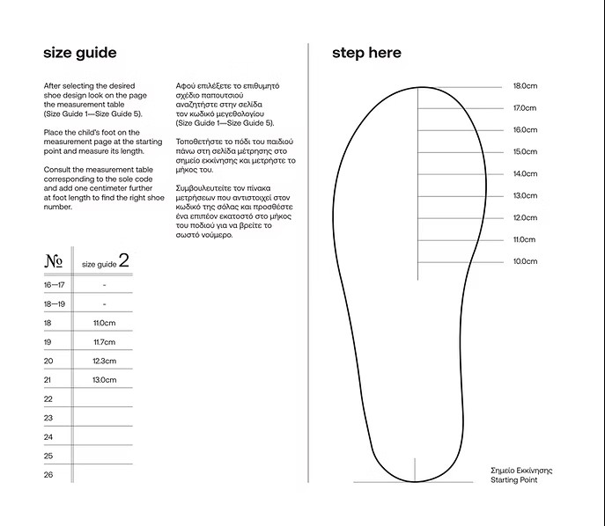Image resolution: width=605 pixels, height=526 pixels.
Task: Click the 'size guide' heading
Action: coord(79,53)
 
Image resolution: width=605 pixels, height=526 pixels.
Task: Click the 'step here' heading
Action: coord(366,53)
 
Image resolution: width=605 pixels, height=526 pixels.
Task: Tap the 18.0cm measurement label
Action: coord(525,86)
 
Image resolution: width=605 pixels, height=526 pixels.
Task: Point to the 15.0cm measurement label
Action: coord(525,152)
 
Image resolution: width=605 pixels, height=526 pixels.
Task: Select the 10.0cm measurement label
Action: coord(525,261)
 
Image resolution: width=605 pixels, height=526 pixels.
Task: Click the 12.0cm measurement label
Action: coord(525,217)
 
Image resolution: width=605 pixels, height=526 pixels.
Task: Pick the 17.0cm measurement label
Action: coord(525,108)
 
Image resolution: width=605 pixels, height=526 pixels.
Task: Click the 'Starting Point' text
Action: coord(513,480)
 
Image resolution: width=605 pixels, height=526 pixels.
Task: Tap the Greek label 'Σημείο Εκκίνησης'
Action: coord(521,471)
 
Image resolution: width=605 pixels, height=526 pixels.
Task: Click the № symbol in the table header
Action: coord(53,261)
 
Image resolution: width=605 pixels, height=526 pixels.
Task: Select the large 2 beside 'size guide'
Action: coord(123,260)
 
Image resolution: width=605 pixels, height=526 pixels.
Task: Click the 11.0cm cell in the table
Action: coord(104,323)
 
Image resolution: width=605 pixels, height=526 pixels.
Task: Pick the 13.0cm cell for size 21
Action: coord(104,380)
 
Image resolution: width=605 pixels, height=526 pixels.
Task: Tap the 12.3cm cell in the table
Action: coord(104,361)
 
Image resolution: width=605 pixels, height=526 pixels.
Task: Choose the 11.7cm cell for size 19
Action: coord(104,342)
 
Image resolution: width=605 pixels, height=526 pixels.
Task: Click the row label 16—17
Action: coord(54,285)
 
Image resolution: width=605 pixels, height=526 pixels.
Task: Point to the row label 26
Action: coord(48,475)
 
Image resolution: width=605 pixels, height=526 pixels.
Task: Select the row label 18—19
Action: coord(54,303)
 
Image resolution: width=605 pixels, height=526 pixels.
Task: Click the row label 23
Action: coord(48,418)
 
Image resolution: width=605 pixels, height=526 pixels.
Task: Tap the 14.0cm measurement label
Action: coord(525,174)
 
